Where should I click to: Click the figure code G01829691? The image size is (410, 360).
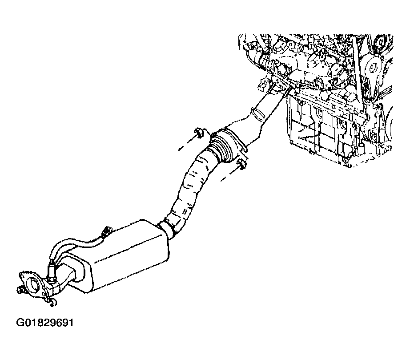tap(45, 323)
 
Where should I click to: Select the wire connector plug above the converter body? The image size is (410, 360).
tap(107, 231)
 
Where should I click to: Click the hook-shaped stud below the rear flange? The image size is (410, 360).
tap(51, 302)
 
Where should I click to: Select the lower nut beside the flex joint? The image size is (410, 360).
tap(241, 164)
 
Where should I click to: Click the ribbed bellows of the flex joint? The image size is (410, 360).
tap(218, 147)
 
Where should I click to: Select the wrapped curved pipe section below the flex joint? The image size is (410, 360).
tap(192, 188)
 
